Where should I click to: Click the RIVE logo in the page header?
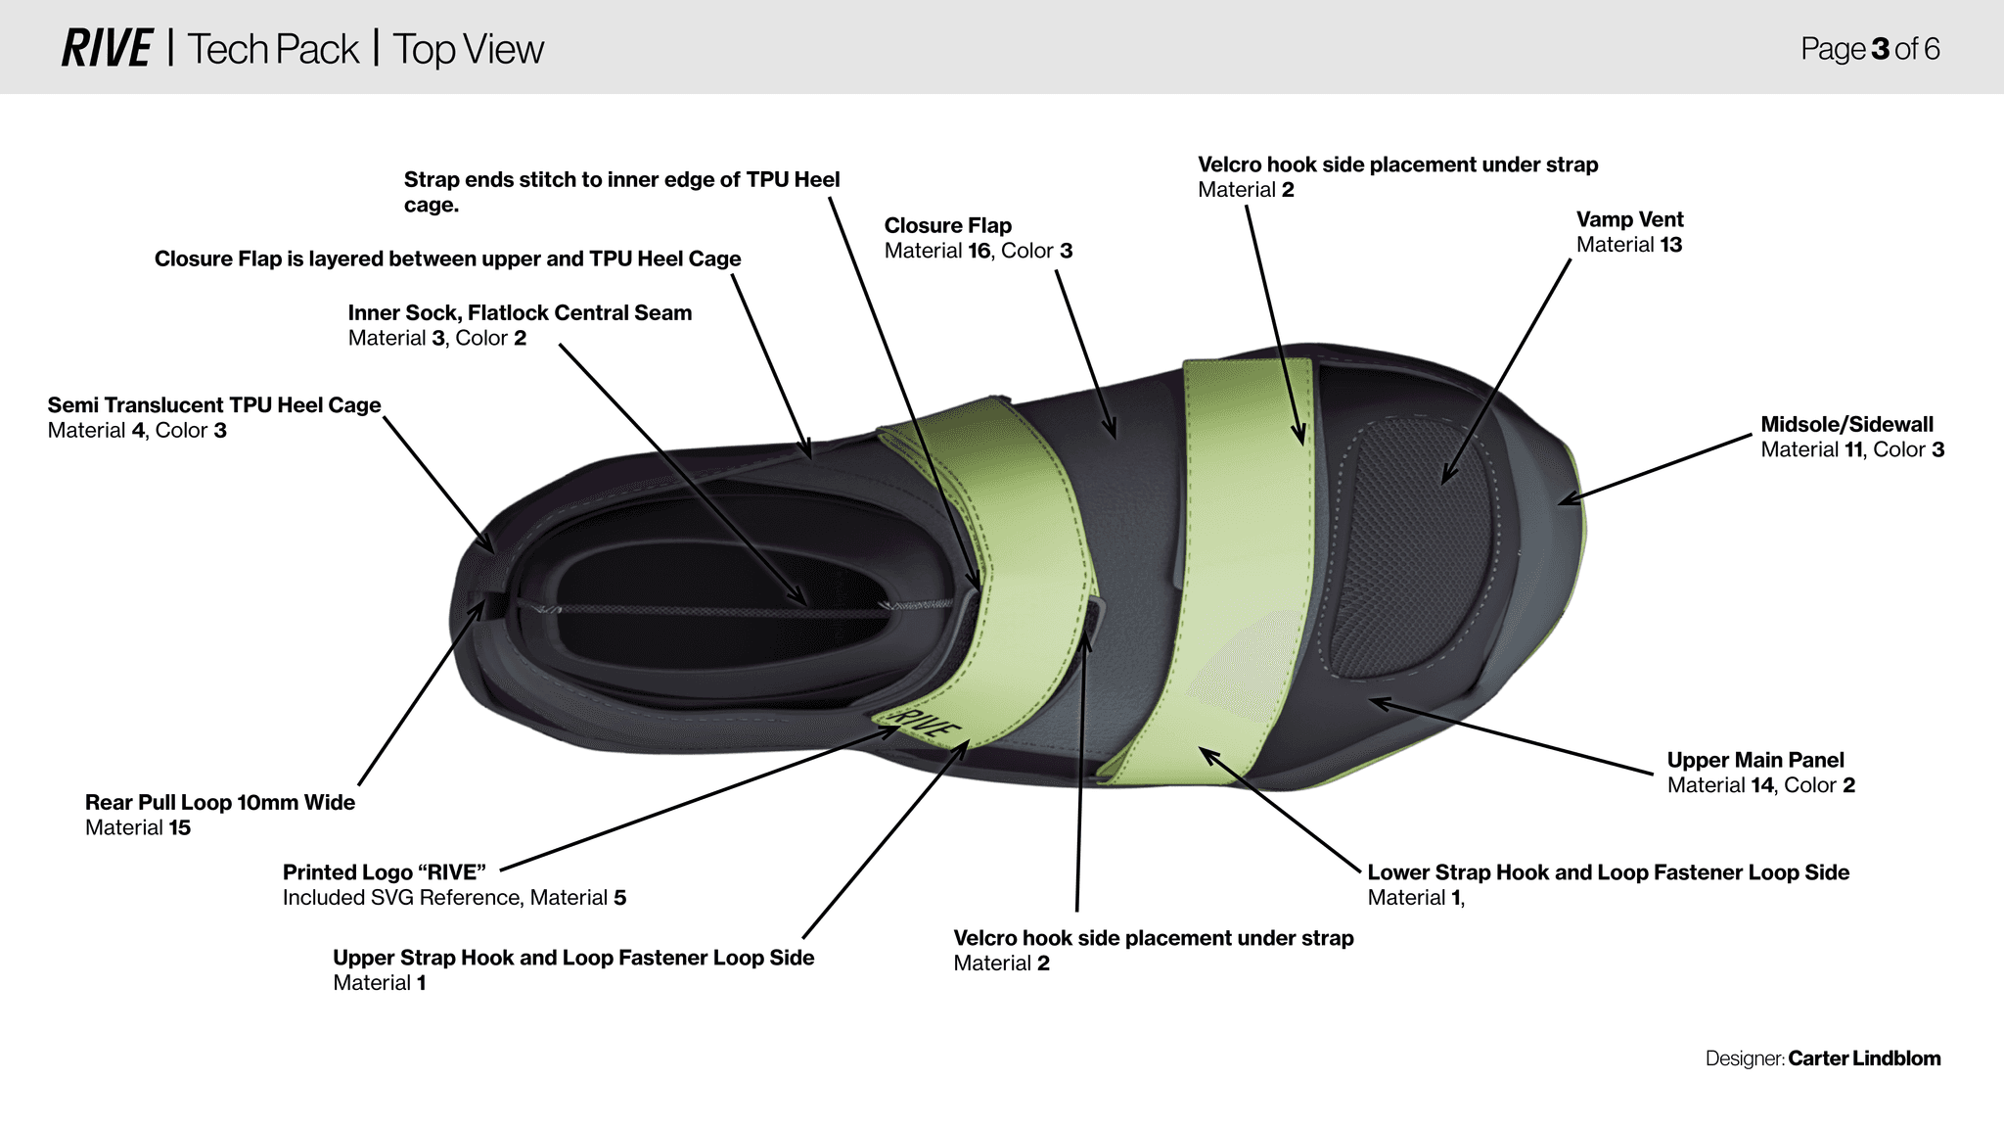point(106,49)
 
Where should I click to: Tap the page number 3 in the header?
point(1880,49)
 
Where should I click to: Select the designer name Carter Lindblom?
point(1864,1058)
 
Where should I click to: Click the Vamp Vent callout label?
point(1629,220)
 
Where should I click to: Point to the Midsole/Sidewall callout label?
point(1846,425)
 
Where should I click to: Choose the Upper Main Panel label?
point(1754,761)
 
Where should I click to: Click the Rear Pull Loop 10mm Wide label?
point(219,803)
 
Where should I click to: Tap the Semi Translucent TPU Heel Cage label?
point(213,405)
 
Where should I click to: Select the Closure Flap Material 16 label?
point(947,226)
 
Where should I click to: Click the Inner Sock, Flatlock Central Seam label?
point(520,313)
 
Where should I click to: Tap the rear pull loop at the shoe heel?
point(486,603)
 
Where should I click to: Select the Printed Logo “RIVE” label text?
point(384,872)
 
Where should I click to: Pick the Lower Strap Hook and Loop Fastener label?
point(1608,872)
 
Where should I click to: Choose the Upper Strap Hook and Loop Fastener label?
point(572,958)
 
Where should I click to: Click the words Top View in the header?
point(468,49)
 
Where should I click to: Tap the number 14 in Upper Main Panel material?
point(1761,785)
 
